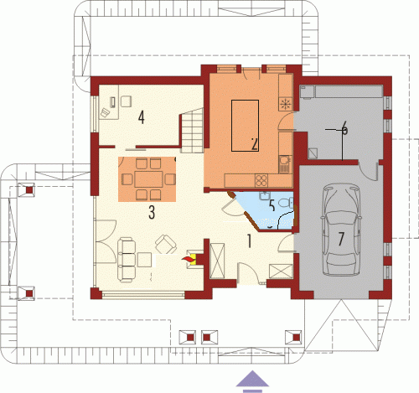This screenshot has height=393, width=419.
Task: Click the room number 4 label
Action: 142,117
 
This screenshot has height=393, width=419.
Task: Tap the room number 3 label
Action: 152,213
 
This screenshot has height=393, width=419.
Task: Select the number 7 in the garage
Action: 341,239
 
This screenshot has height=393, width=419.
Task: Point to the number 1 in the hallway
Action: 249,241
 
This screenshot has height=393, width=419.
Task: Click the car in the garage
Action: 341,229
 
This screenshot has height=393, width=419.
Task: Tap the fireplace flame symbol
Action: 189,260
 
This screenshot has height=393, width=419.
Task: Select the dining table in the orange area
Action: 148,179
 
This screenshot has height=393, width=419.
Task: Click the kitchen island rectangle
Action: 245,126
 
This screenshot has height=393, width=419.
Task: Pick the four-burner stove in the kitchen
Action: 261,180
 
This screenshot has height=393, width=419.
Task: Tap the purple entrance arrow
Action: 252,381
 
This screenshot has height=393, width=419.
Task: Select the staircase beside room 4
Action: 191,130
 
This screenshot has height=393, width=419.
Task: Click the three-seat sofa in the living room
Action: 127,260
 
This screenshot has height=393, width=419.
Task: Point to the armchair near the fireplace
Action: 166,244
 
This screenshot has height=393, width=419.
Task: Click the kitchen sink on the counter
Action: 285,163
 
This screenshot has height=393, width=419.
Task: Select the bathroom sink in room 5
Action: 264,195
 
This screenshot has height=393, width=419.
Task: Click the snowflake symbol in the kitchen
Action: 285,104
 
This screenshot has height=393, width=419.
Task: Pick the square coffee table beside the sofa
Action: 145,260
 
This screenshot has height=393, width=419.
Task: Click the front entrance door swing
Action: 248,272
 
